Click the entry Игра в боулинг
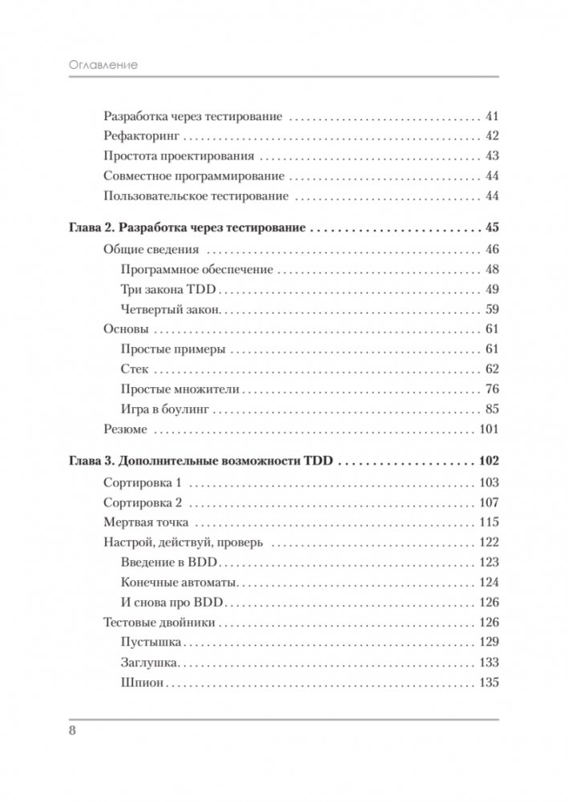click(x=164, y=409)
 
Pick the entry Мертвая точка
click(x=144, y=522)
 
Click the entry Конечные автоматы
click(x=172, y=582)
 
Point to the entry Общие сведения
click(x=151, y=248)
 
